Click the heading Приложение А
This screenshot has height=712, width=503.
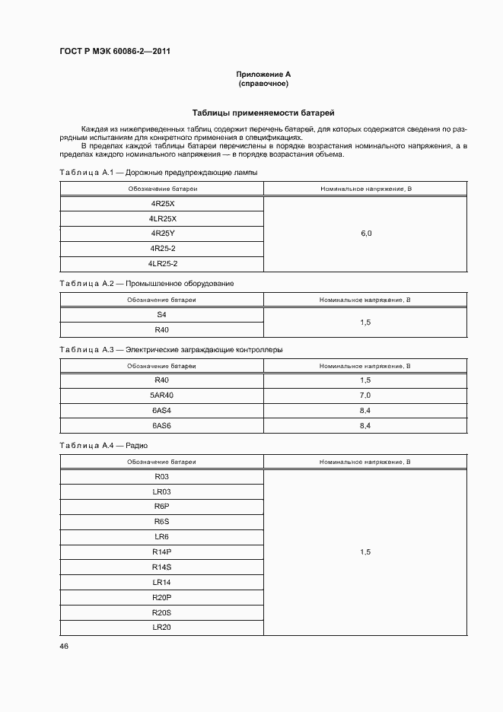pos(263,74)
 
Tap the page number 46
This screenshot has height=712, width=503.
pos(64,645)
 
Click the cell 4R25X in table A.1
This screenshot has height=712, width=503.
pos(162,204)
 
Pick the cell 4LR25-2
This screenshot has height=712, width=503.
pos(162,263)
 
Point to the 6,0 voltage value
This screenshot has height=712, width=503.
pos(365,234)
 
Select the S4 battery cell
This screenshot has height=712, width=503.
pos(161,314)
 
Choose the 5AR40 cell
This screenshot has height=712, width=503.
pos(161,396)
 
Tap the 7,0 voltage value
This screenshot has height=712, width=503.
pos(365,396)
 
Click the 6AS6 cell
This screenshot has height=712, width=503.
pos(161,425)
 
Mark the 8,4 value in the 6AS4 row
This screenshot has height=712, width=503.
pos(365,411)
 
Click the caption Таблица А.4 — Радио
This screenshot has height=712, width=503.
pos(103,445)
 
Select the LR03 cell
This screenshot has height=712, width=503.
pos(161,491)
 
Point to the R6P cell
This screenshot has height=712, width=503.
pos(161,507)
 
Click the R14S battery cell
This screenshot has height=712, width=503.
pos(161,567)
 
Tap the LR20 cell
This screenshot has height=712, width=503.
pos(161,627)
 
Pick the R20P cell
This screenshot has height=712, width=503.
pos(161,597)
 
